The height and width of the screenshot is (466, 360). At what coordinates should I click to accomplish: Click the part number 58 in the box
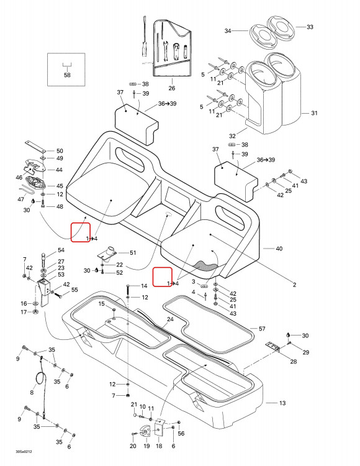pyautogui.click(x=68, y=75)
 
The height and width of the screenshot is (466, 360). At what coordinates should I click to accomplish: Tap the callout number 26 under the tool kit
pyautogui.click(x=172, y=88)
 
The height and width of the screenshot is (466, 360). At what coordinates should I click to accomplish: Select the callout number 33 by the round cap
pyautogui.click(x=310, y=27)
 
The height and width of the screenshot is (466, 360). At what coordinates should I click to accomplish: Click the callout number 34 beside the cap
pyautogui.click(x=228, y=30)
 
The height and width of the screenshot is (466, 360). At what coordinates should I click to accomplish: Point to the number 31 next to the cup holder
pyautogui.click(x=314, y=113)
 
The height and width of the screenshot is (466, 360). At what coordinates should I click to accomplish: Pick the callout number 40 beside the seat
pyautogui.click(x=279, y=249)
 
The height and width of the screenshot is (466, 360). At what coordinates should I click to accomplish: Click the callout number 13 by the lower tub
pyautogui.click(x=282, y=403)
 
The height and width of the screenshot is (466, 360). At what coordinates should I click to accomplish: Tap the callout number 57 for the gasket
pyautogui.click(x=262, y=329)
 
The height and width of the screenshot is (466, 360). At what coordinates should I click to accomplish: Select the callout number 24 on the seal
pyautogui.click(x=170, y=319)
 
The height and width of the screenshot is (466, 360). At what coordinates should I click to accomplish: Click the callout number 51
pyautogui.click(x=133, y=253)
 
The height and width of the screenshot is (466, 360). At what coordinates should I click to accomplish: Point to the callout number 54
pyautogui.click(x=61, y=250)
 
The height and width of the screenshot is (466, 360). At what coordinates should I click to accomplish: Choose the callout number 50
pyautogui.click(x=60, y=151)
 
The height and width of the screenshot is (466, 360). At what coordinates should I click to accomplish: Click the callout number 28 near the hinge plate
pyautogui.click(x=293, y=362)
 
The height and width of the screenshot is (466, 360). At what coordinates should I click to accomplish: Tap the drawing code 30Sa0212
pyautogui.click(x=24, y=452)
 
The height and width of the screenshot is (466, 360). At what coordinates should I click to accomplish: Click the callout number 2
pyautogui.click(x=294, y=285)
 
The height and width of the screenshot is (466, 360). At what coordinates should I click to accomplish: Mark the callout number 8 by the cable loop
pyautogui.click(x=32, y=392)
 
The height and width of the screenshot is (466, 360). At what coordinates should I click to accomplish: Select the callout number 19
pyautogui.click(x=146, y=445)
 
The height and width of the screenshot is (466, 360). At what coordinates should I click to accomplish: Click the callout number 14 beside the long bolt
pyautogui.click(x=144, y=286)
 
